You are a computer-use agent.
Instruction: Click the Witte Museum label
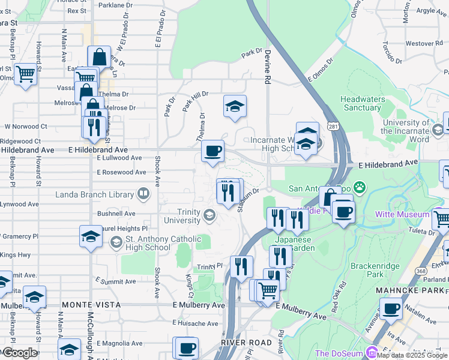pyautogui.click(x=402, y=214)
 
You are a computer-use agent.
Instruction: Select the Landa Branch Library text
pyautogui.click(x=94, y=194)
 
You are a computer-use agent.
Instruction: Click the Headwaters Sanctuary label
pyautogui.click(x=361, y=103)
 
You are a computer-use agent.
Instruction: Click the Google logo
pyautogui.click(x=20, y=353)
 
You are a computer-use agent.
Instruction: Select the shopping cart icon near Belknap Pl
pyautogui.click(x=26, y=74)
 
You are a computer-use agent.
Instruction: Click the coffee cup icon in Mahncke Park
pyautogui.click(x=391, y=310)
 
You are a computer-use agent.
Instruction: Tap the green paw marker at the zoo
pyautogui.click(x=360, y=187)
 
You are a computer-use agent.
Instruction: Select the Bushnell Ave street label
pyautogui.click(x=116, y=213)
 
